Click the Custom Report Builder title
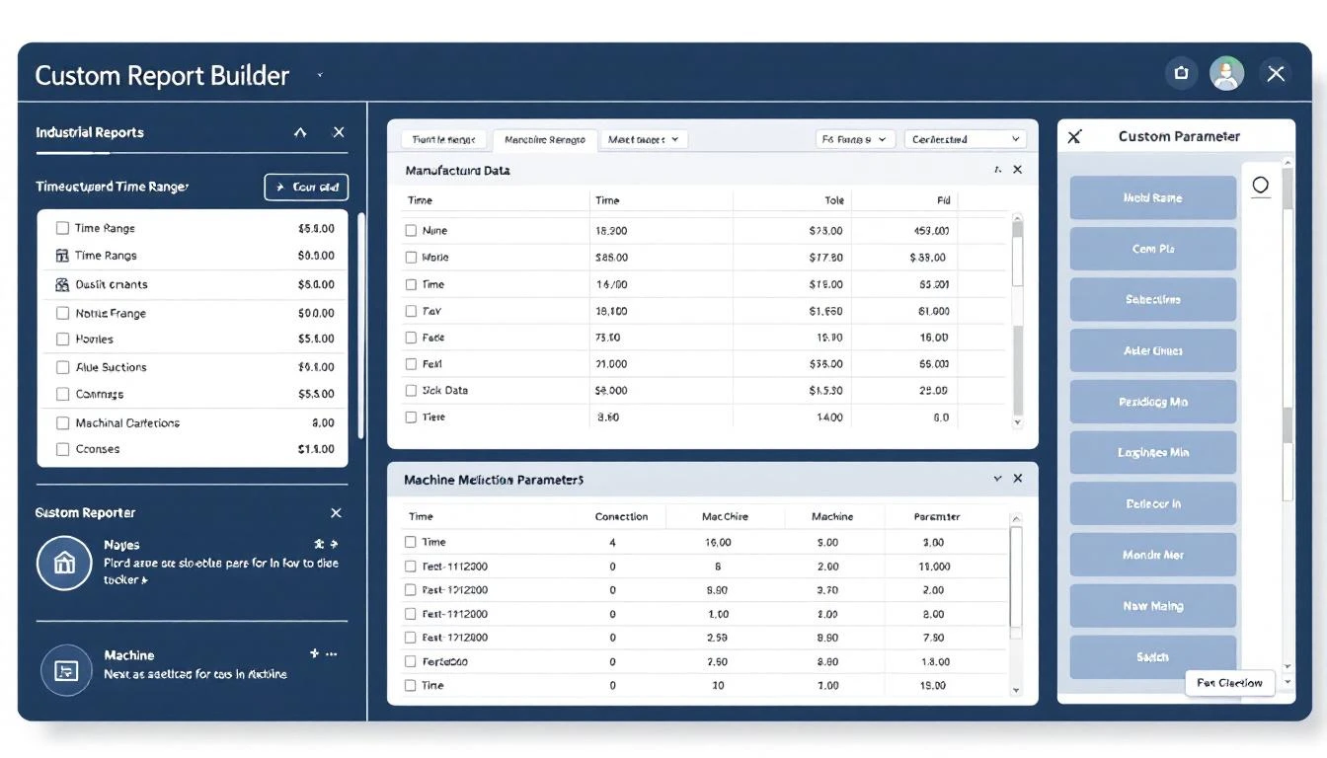pyautogui.click(x=162, y=75)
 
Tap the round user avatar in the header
pyautogui.click(x=1226, y=73)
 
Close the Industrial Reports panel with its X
pyautogui.click(x=339, y=132)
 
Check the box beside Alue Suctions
pyautogui.click(x=62, y=367)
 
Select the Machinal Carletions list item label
pyautogui.click(x=127, y=422)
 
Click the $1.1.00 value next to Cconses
pyautogui.click(x=316, y=449)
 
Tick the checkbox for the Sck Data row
pyautogui.click(x=411, y=390)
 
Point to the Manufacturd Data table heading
pyautogui.click(x=457, y=170)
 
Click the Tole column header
pyautogui.click(x=834, y=200)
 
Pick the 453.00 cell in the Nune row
pyautogui.click(x=931, y=230)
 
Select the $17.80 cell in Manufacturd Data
pyautogui.click(x=825, y=257)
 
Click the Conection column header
pyautogui.click(x=621, y=516)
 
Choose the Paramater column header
pyautogui.click(x=937, y=516)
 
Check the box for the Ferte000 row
pyautogui.click(x=411, y=661)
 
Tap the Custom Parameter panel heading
pyautogui.click(x=1179, y=136)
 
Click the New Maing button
pyautogui.click(x=1152, y=606)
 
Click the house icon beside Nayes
pyautogui.click(x=64, y=563)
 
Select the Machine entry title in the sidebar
pyautogui.click(x=129, y=654)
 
